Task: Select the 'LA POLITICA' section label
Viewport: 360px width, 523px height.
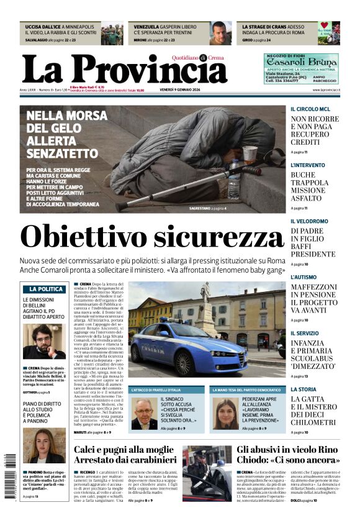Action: tap(44, 289)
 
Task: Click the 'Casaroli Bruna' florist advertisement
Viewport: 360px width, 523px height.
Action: tap(301, 68)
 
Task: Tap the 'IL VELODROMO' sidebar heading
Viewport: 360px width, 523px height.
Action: tap(311, 221)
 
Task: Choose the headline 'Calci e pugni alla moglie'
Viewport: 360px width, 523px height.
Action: tap(125, 449)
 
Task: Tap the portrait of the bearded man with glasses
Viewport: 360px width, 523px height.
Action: tap(43, 341)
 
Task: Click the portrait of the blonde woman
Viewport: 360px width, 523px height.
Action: tap(43, 445)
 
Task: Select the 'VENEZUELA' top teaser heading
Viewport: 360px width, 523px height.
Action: tap(146, 27)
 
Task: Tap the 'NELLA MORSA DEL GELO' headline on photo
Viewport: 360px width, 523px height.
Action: tap(66, 134)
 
